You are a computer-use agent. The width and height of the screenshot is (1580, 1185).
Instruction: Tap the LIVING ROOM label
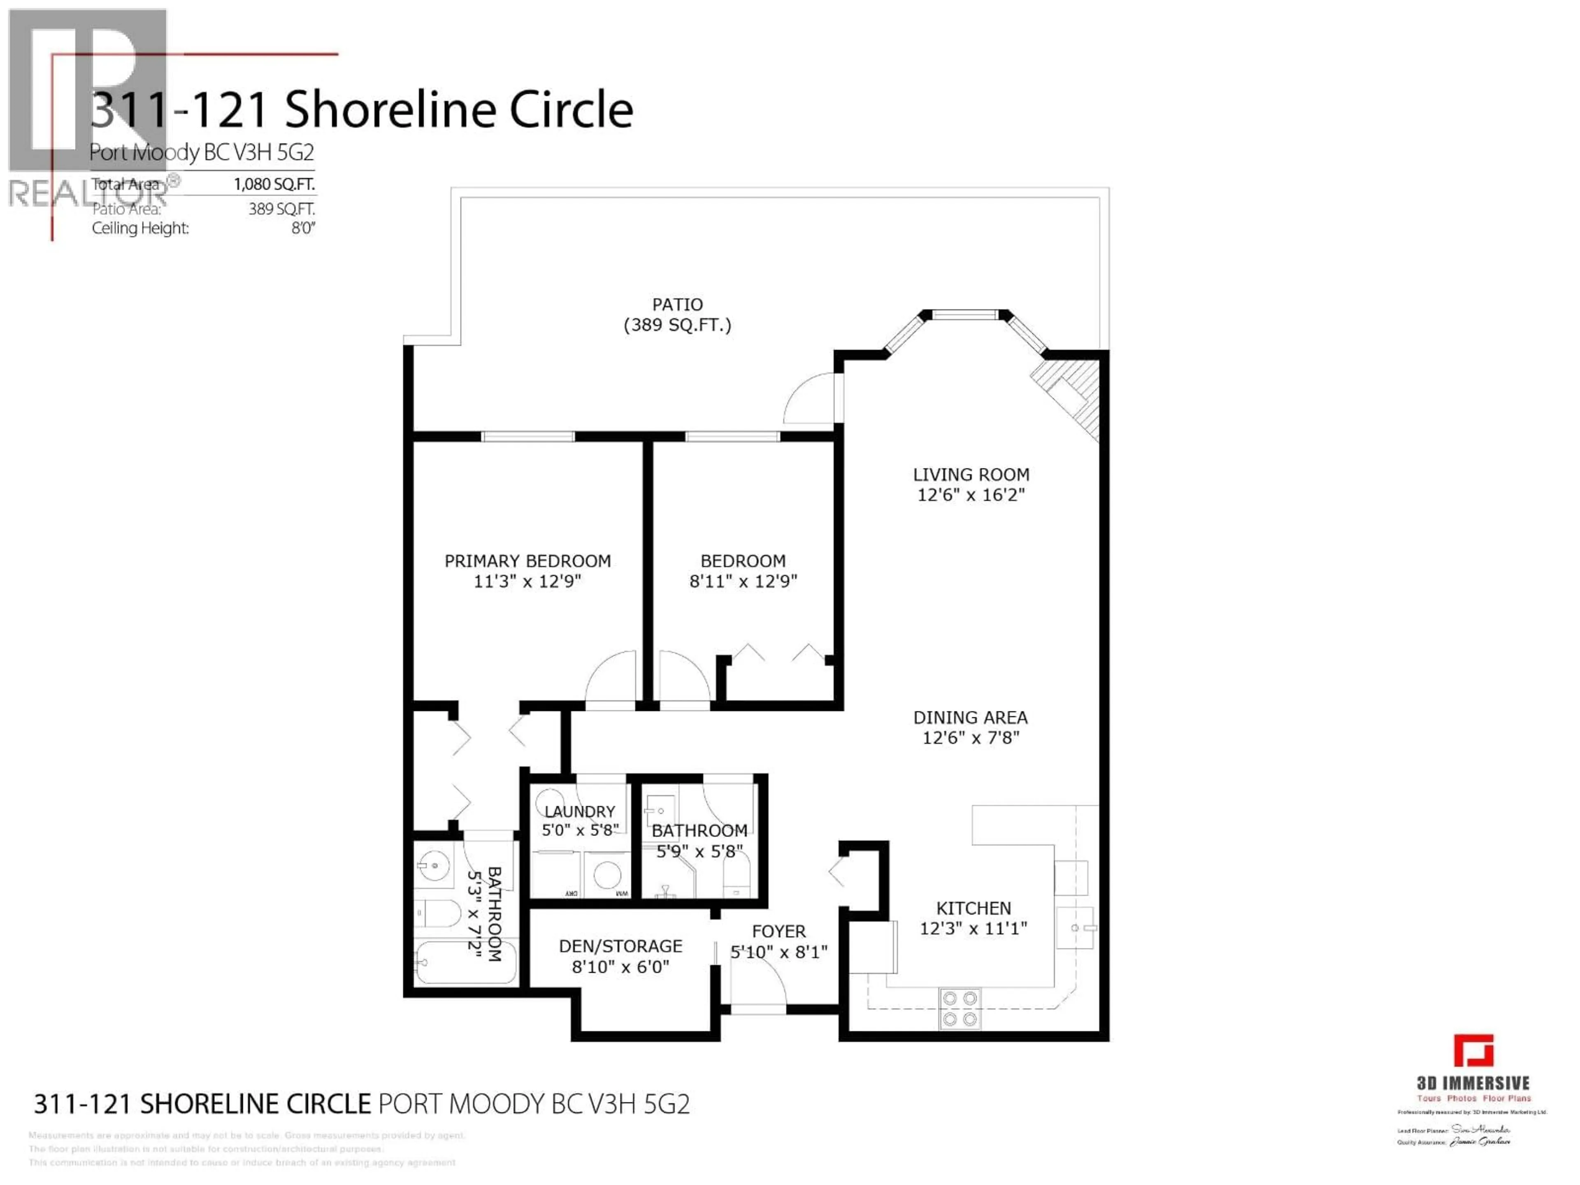(971, 474)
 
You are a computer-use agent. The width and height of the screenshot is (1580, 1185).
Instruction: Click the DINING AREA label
(970, 717)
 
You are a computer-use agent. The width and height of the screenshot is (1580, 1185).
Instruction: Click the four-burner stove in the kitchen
(959, 1008)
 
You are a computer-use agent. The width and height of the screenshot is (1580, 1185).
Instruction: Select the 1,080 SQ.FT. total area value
(274, 184)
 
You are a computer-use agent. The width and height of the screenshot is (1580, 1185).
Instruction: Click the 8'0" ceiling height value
(303, 229)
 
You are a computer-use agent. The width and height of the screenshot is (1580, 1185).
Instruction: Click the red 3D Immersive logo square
(1473, 1051)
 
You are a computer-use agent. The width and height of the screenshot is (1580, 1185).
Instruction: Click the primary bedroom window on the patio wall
(527, 437)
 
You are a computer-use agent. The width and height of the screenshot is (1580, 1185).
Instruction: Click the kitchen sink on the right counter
(1075, 928)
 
